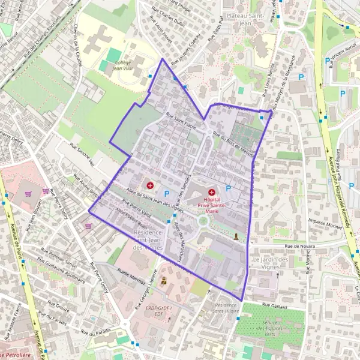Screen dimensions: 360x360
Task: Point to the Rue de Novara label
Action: pos(300,245)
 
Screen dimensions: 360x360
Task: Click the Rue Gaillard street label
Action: pos(275,307)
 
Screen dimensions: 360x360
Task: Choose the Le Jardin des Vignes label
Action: pos(273,263)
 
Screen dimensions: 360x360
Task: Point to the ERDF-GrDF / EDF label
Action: pos(159,310)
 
